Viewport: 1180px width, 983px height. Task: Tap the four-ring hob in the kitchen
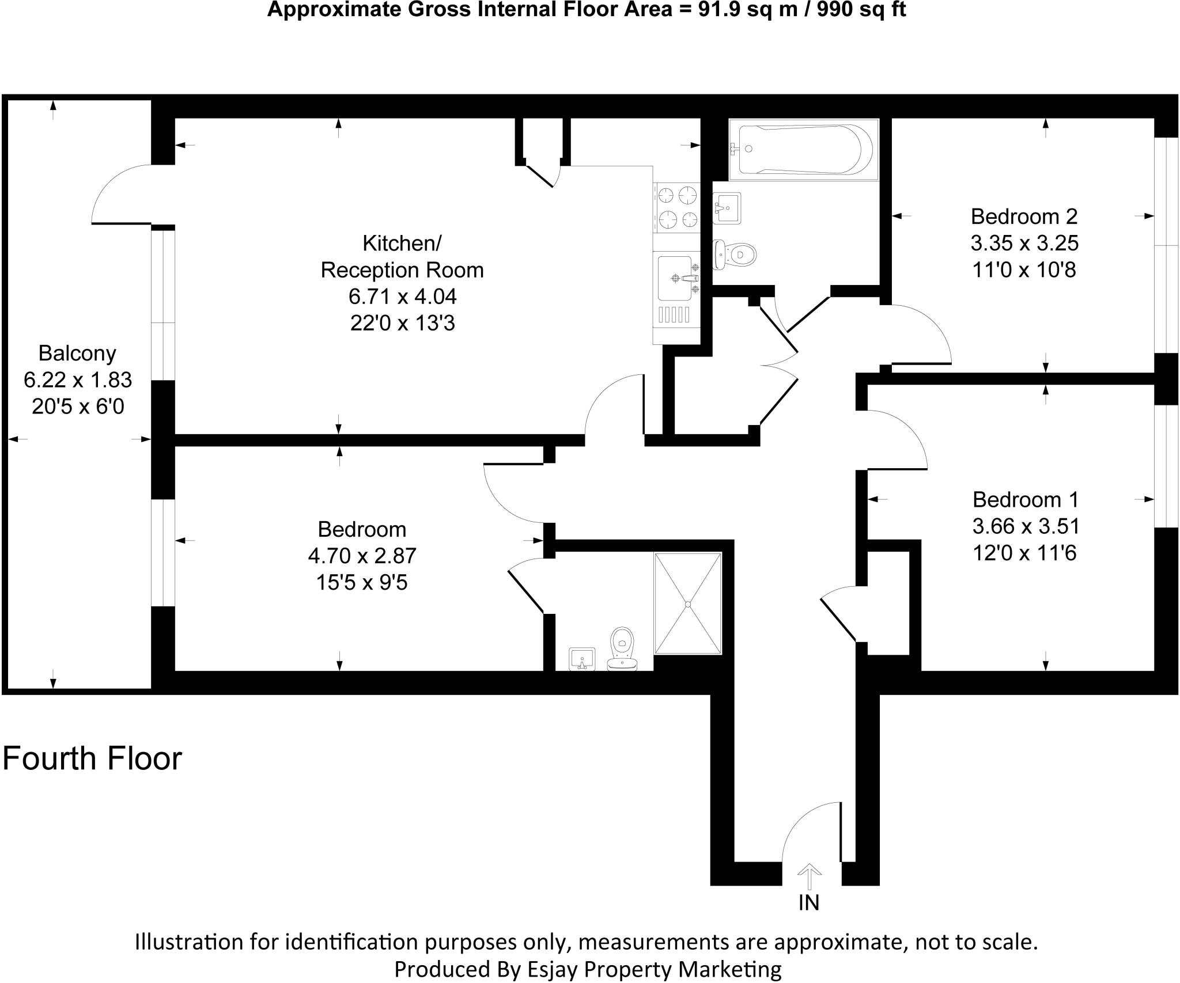[678, 208]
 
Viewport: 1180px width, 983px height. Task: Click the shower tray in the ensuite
[687, 604]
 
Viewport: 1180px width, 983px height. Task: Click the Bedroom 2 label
[1024, 217]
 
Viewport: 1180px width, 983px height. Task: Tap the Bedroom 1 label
[1025, 499]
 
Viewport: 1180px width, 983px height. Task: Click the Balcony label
[77, 353]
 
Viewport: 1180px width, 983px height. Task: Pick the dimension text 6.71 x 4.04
[402, 297]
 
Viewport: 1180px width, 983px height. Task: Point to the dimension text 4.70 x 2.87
[362, 556]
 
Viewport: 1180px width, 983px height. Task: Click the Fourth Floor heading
[92, 759]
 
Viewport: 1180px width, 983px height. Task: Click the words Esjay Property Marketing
[654, 969]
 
